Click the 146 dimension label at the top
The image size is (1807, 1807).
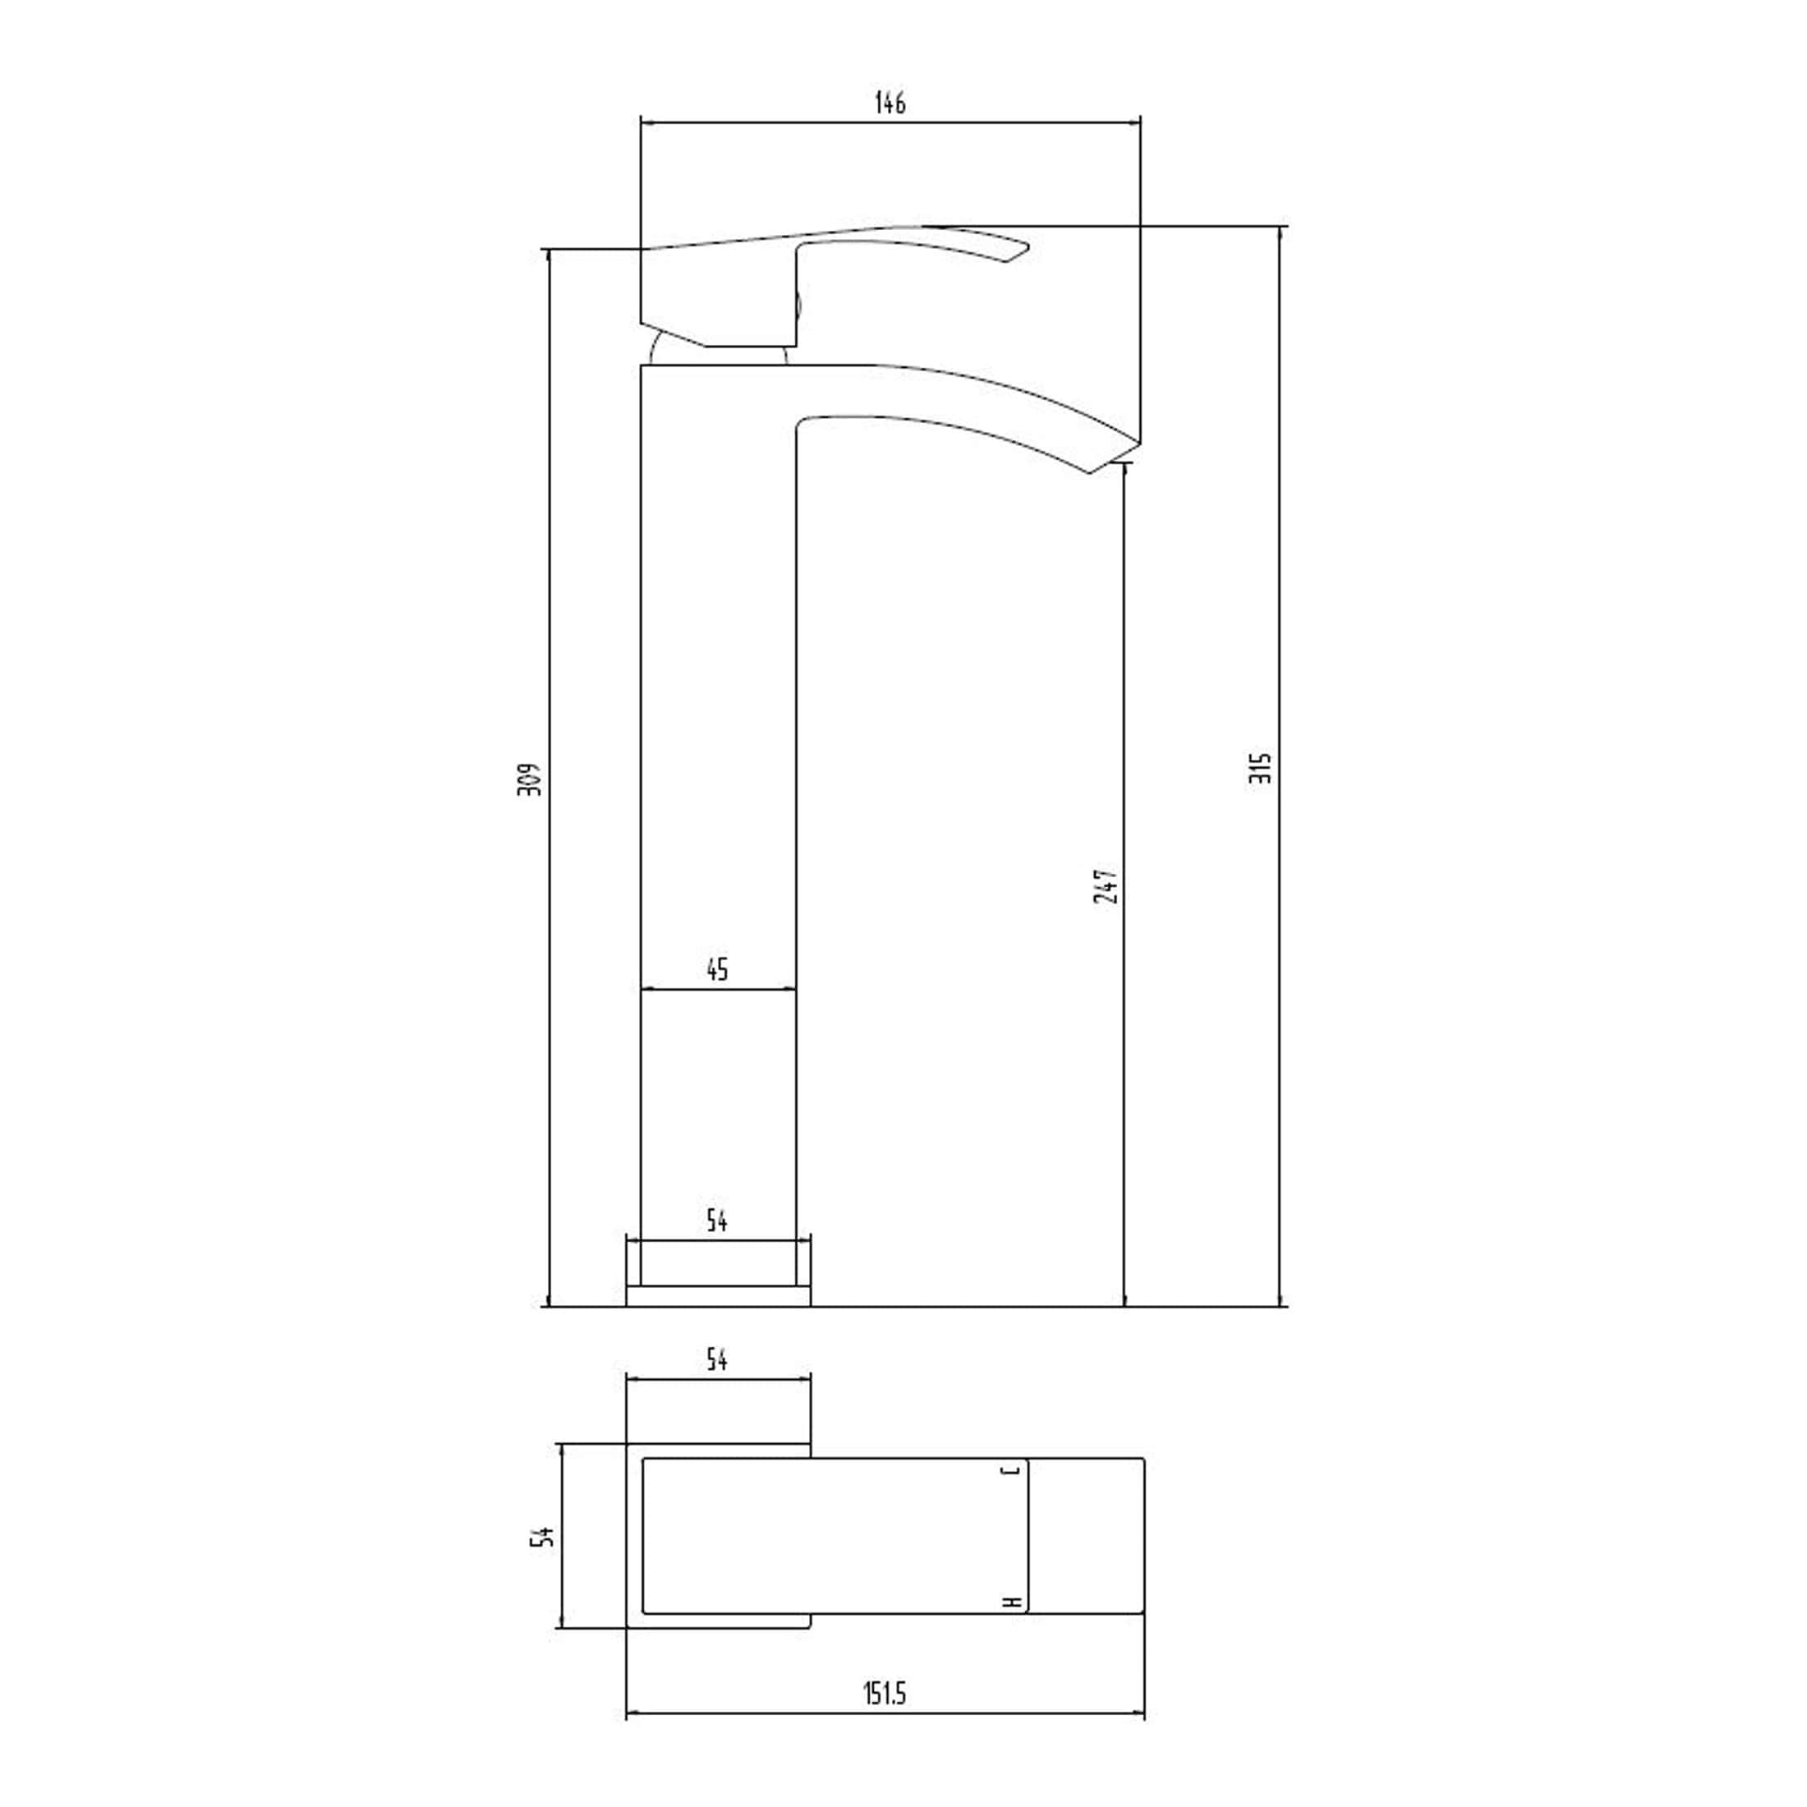coord(890,103)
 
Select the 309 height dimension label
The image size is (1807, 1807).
coord(531,779)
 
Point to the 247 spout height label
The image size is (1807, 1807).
coord(1106,885)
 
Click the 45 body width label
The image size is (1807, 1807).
coord(716,969)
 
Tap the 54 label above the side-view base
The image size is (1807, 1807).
coord(716,1220)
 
